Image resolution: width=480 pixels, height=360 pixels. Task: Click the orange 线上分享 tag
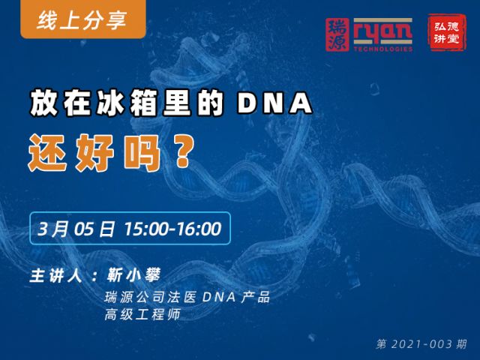point(83,19)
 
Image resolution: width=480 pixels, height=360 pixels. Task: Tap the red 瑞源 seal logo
point(337,34)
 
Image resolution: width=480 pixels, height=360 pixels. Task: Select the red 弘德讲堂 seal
point(447,32)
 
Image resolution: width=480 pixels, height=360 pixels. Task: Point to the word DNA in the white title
point(275,103)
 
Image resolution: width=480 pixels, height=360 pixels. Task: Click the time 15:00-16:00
point(172,229)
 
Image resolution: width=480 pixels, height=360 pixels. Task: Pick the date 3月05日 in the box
point(76,229)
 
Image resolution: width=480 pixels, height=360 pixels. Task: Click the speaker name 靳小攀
point(133,275)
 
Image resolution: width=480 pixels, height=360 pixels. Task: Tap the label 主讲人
point(56,275)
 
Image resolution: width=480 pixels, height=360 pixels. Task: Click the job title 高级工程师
point(142,314)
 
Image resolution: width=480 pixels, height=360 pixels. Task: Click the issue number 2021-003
point(421,344)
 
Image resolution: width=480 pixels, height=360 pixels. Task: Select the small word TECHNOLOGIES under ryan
point(383,49)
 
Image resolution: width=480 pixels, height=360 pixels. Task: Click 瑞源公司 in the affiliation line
point(134,297)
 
